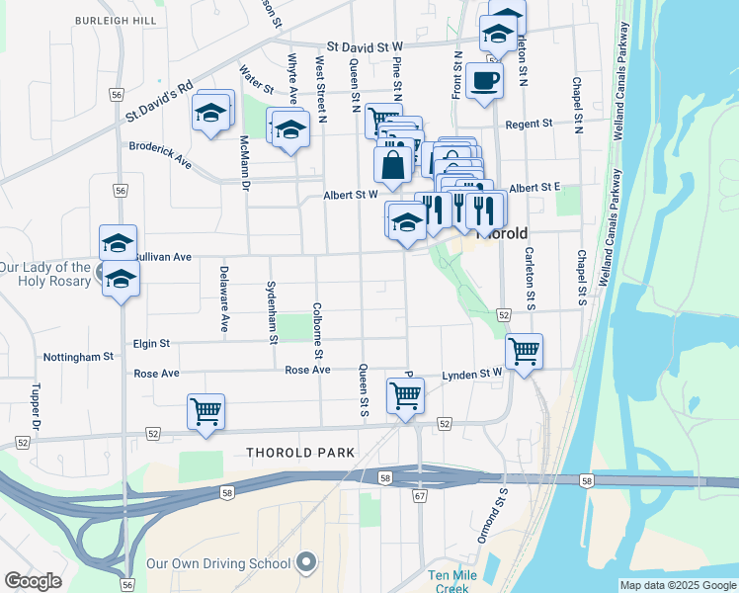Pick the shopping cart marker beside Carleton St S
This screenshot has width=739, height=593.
point(524,351)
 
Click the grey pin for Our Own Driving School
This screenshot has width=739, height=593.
point(306,563)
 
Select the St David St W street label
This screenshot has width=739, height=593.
point(366,46)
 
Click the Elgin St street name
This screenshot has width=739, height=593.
point(151,343)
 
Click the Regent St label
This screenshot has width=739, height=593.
point(529,125)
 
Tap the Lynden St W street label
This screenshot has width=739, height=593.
point(472,375)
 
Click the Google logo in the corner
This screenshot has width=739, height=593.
point(34,580)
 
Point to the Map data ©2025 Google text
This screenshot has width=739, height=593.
point(677,585)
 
